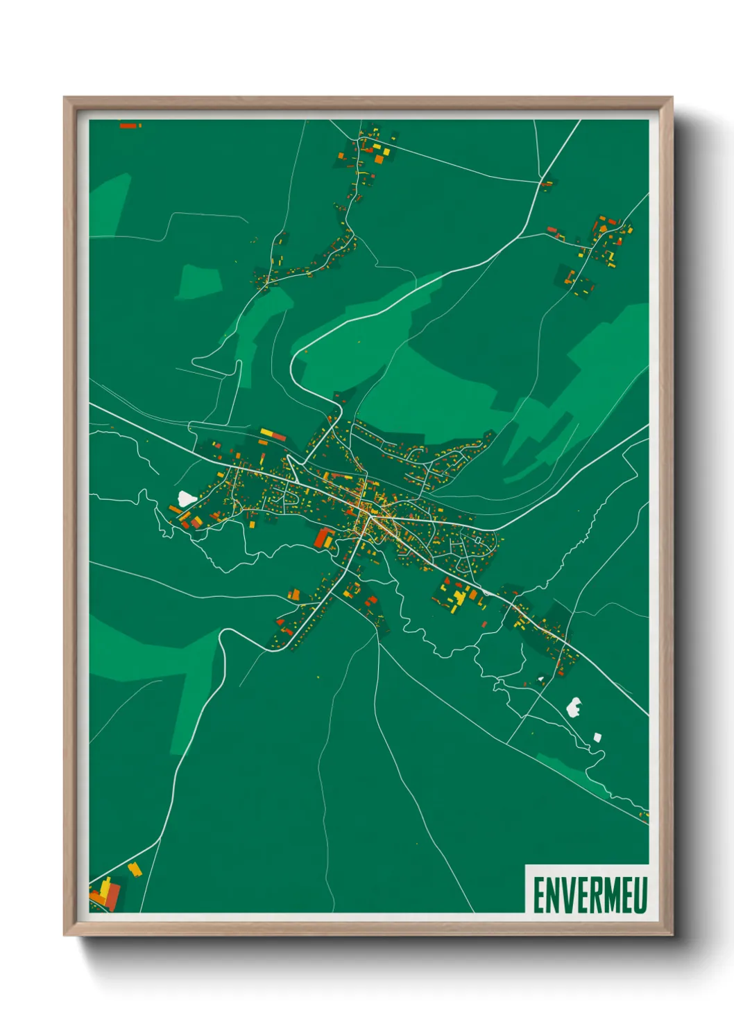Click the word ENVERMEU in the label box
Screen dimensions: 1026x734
pos(590,895)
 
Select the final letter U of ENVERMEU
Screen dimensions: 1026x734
pos(640,895)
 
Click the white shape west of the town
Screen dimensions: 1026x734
pos(186,498)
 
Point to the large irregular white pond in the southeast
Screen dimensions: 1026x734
pos(574,707)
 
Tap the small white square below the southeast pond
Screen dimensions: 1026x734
pos(597,736)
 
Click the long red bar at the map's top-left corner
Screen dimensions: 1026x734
pos(129,125)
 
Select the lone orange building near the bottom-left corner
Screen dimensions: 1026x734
pos(135,869)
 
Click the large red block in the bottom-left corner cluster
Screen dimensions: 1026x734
pos(112,898)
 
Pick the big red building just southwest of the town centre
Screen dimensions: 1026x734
pos(323,538)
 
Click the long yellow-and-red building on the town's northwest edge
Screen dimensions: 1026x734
pos(273,435)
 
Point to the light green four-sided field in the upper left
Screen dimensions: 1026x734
pos(198,282)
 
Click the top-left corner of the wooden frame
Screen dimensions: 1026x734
pos(65,98)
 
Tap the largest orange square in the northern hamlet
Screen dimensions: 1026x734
pos(379,159)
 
